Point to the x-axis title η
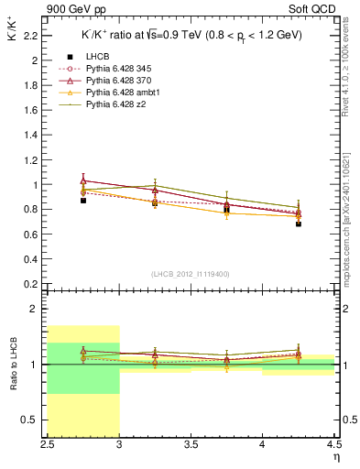click(x=335, y=456)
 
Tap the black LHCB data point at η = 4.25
click(x=299, y=224)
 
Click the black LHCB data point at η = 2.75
click(x=83, y=200)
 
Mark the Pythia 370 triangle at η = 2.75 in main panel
click(x=83, y=180)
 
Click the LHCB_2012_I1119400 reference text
click(x=191, y=274)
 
